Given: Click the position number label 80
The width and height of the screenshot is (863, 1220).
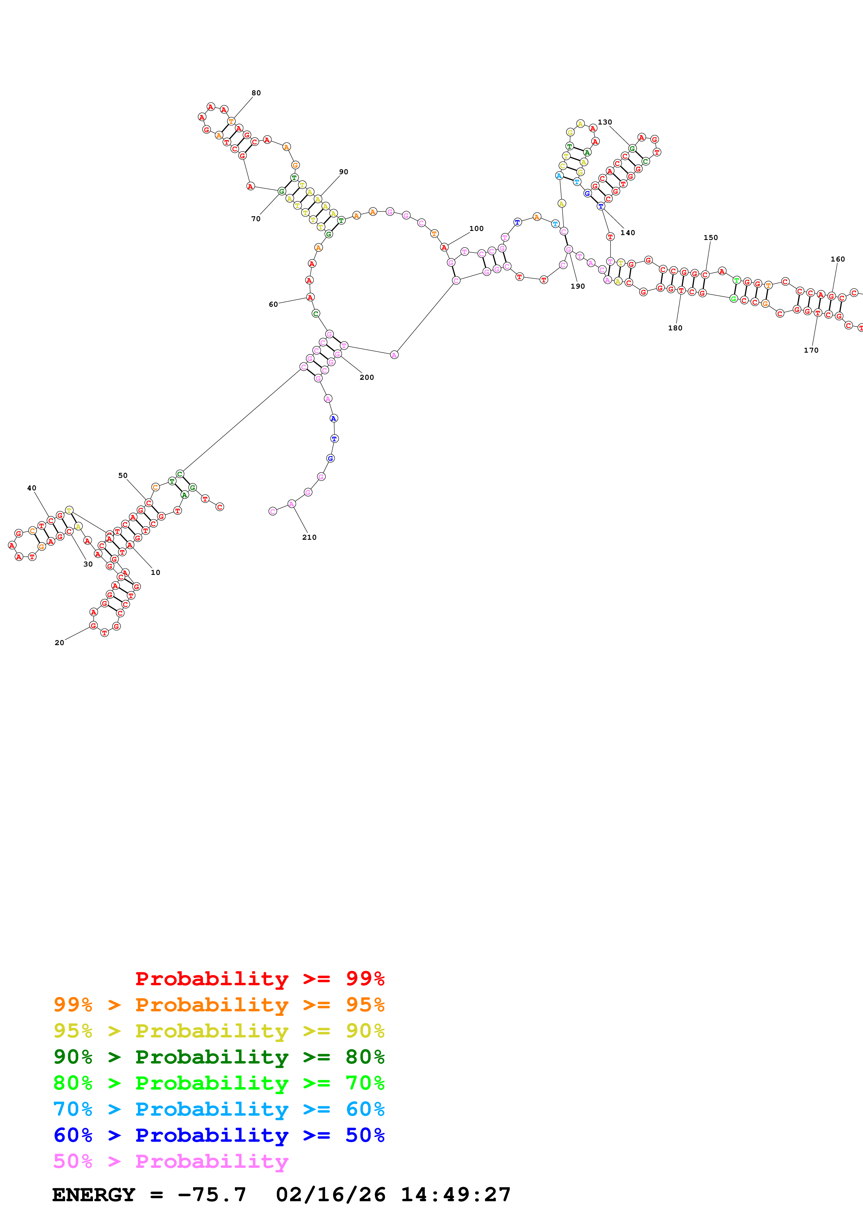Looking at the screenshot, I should point(256,93).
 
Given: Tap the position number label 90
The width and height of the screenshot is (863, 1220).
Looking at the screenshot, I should point(344,172).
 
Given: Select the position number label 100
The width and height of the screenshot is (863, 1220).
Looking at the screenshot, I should point(477,228).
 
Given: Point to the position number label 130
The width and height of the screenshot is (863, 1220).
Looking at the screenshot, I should point(605,122).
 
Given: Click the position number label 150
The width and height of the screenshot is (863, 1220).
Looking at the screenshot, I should point(711,238).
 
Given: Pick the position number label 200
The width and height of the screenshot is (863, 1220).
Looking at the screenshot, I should point(367,377).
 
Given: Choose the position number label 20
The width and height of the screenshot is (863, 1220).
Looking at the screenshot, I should point(60,642).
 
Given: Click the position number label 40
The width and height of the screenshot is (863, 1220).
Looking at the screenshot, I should point(32,488).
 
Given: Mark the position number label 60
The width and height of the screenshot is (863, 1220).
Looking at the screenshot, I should point(273,304).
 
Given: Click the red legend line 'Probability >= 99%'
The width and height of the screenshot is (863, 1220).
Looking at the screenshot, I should point(259,978).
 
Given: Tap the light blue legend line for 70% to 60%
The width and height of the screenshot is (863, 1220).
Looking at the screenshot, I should point(219,1109).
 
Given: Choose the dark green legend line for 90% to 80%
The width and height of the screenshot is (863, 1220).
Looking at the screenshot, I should point(219,1057).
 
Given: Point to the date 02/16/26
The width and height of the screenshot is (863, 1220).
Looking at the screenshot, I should point(331,1195).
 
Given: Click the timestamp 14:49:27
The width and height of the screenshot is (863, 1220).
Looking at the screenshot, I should point(456,1195).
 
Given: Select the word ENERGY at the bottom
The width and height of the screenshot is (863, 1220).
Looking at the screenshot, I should point(94,1195).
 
